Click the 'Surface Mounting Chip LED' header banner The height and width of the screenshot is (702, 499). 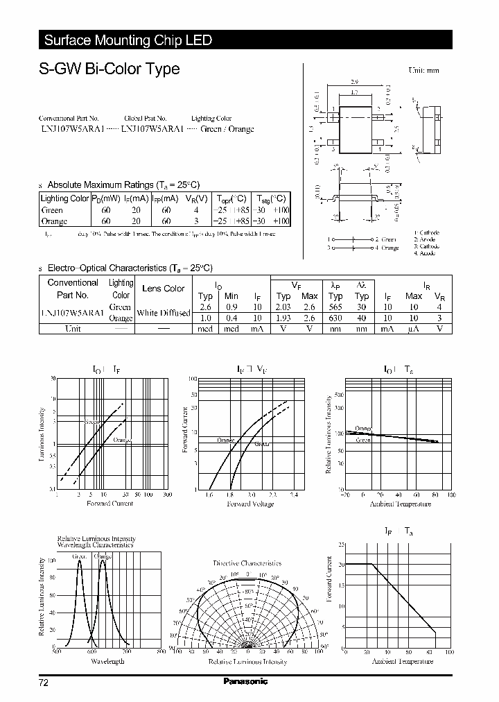click(x=128, y=40)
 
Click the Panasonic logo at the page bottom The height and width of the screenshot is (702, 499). click(x=245, y=682)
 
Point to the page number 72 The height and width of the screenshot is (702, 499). click(x=44, y=683)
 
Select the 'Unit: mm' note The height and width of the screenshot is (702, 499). click(x=423, y=70)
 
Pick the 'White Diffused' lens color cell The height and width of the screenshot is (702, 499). click(x=163, y=313)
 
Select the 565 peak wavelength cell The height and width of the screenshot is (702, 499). click(x=335, y=307)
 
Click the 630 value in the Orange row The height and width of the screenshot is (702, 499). click(x=335, y=318)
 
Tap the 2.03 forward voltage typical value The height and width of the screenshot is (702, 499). click(x=283, y=307)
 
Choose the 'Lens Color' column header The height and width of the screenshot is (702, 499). click(x=163, y=289)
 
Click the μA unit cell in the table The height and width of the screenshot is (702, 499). click(x=414, y=329)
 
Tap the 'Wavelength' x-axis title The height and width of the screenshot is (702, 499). click(x=108, y=661)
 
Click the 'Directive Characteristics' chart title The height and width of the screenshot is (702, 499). click(x=247, y=563)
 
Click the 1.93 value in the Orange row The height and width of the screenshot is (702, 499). click(x=283, y=318)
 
